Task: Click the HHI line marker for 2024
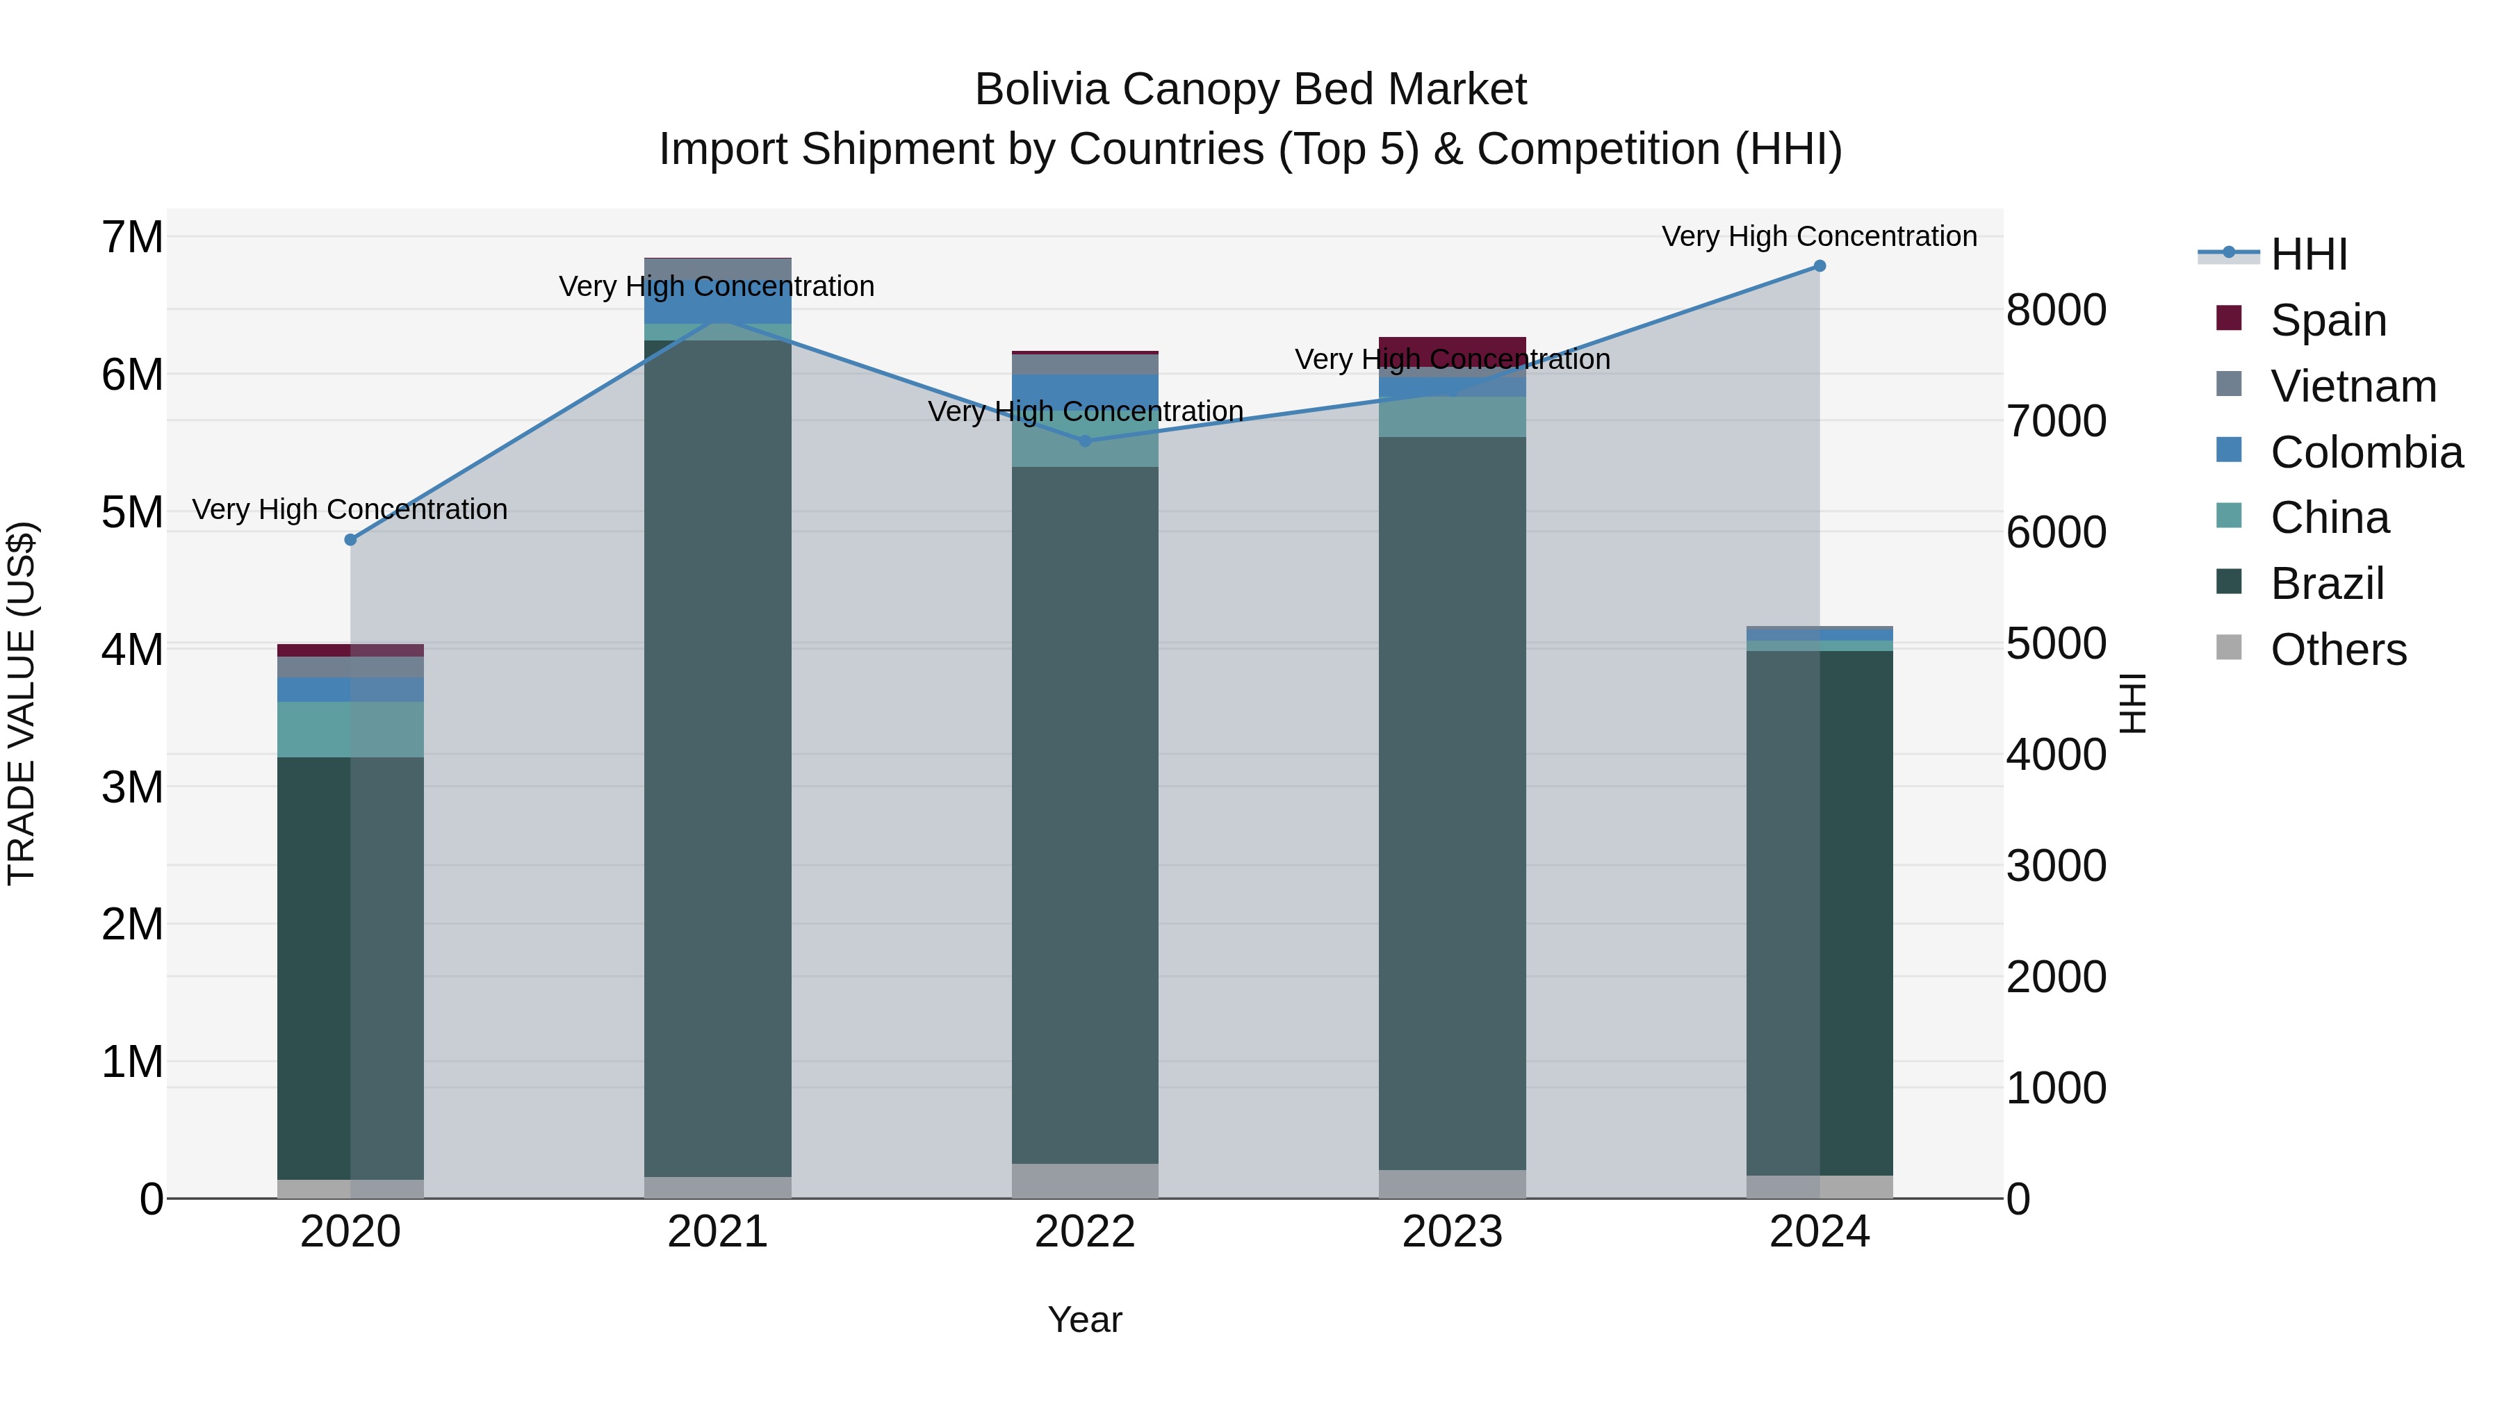(1820, 266)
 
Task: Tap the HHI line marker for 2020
(351, 540)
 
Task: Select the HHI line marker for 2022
(1085, 441)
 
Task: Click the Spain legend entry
(2327, 320)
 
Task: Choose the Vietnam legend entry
(2353, 386)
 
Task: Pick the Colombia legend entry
(2366, 452)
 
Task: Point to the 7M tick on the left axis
(132, 237)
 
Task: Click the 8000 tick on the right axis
(2055, 310)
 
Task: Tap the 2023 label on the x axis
(1452, 1231)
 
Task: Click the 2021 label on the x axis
(718, 1231)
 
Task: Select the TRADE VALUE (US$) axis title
(22, 703)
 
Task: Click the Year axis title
(1085, 1319)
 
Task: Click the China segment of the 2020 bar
(351, 730)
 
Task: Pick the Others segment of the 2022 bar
(1085, 1180)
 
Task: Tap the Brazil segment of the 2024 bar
(1820, 913)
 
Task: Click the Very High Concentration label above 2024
(1820, 236)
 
